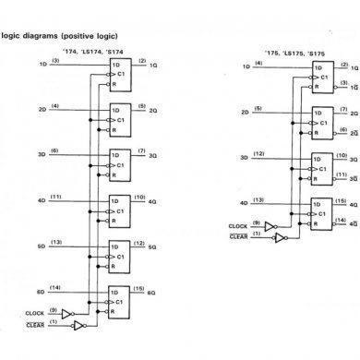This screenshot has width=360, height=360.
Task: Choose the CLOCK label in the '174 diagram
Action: tap(34, 316)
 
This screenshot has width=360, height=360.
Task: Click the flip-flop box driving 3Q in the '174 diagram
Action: tap(120, 164)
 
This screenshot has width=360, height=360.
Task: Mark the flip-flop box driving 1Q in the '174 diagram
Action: tap(120, 74)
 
